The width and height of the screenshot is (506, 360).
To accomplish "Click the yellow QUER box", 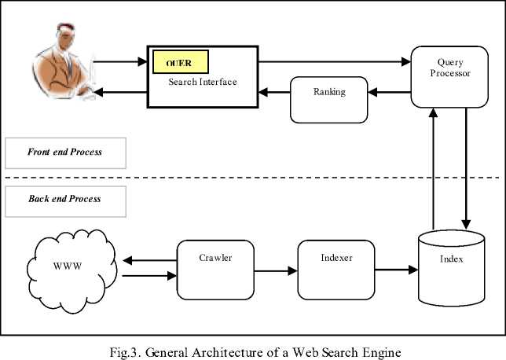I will (x=179, y=61).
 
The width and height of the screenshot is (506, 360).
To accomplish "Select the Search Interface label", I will (x=203, y=82).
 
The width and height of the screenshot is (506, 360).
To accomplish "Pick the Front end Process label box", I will (x=65, y=152).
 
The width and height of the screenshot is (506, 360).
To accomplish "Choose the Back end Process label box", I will (x=64, y=200).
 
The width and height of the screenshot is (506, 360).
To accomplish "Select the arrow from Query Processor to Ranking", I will (x=390, y=93).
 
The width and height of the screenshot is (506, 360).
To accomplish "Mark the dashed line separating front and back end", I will (x=251, y=176).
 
